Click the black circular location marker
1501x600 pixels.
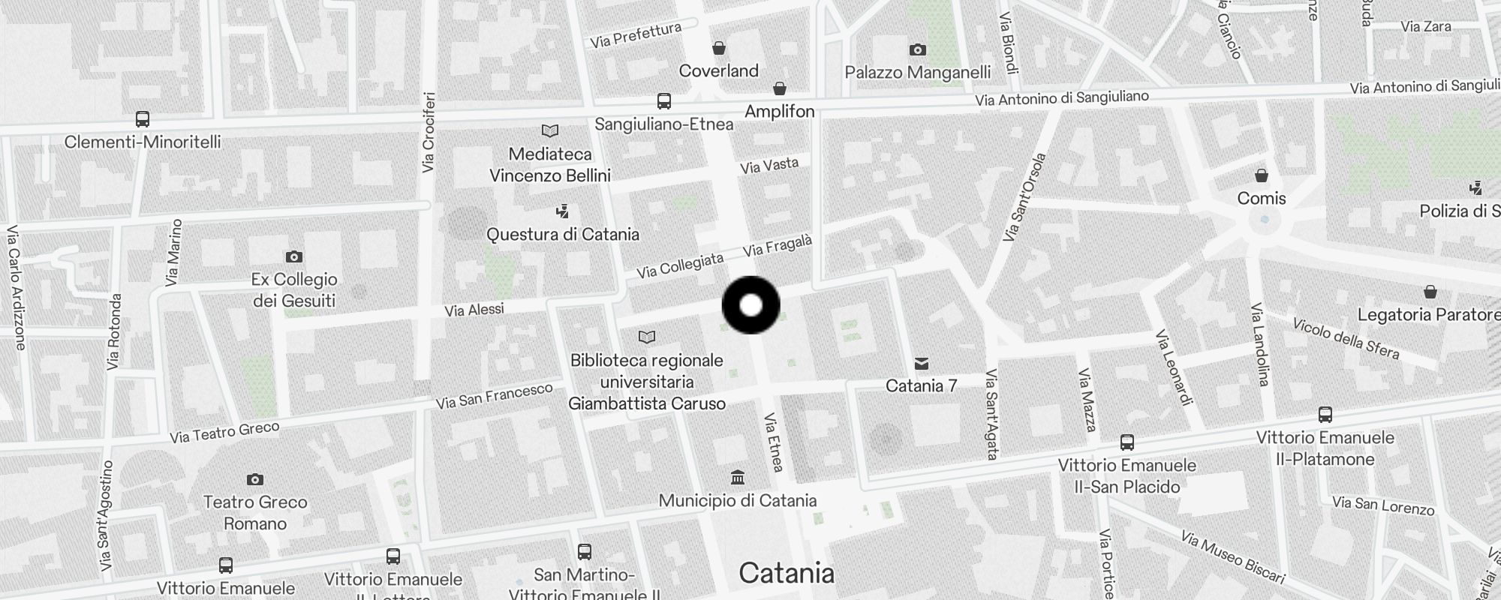pos(750,305)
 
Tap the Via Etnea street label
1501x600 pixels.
pos(774,442)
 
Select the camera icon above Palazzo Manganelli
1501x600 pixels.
pos(917,49)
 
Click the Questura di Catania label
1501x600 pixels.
pos(563,234)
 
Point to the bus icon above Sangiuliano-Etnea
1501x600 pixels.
pos(663,101)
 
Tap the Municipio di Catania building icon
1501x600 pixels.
pos(738,477)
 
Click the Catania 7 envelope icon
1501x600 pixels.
pos(922,364)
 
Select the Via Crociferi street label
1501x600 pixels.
pos(429,132)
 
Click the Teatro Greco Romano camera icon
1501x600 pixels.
pos(255,479)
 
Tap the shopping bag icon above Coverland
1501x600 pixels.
pos(719,48)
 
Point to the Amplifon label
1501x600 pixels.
pos(780,111)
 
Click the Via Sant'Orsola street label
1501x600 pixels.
pos(1024,197)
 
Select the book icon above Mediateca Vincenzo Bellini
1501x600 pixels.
pos(550,131)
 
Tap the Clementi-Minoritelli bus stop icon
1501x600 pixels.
pos(142,118)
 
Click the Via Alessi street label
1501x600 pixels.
pos(474,309)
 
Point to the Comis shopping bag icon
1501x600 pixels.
pos(1262,175)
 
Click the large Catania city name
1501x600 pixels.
pos(787,573)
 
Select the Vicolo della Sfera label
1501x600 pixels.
pos(1346,339)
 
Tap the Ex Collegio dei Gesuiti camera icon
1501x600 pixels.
pos(293,256)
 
